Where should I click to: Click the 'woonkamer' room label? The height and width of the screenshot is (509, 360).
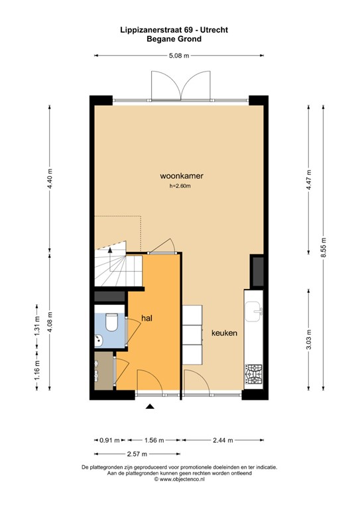pos(181,176)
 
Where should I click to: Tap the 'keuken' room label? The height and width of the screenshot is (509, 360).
pos(224,333)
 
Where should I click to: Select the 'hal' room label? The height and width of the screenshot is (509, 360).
pos(147,319)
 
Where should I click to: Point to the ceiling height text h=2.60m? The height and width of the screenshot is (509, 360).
pos(181,186)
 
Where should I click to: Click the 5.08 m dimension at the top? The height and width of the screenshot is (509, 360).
pos(180,56)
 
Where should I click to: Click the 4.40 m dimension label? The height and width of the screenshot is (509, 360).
pos(50,179)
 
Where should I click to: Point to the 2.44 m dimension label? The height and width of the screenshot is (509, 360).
pos(223,439)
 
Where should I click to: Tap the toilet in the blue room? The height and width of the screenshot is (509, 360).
pos(111,323)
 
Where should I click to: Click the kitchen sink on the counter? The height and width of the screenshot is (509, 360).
pos(254,310)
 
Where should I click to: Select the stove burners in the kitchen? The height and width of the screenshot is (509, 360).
pos(254,374)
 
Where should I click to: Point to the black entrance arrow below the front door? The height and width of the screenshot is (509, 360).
pos(150,407)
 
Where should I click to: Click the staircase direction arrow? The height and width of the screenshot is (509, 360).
pos(109,250)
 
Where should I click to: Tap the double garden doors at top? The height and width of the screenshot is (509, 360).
pos(180,84)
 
